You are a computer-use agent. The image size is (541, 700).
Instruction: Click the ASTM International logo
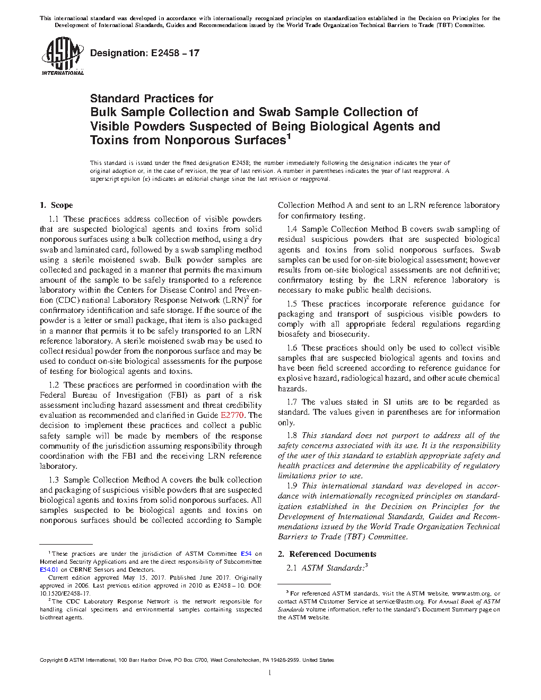(x=62, y=55)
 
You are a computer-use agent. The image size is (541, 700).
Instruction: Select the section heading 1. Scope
(x=56, y=205)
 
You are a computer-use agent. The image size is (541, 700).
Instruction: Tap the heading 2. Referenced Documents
(x=327, y=554)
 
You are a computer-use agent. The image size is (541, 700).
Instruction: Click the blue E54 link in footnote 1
(x=246, y=554)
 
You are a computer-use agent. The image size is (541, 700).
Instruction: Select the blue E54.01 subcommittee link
(x=48, y=570)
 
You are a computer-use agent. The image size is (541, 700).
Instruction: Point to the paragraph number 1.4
(x=292, y=229)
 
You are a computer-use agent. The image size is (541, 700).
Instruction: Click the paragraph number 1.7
(x=292, y=402)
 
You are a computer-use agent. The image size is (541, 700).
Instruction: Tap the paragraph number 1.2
(x=54, y=385)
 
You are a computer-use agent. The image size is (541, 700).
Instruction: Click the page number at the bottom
(x=270, y=673)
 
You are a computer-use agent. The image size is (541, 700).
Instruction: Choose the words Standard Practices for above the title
(x=152, y=98)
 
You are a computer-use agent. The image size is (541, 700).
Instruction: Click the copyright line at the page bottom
(x=187, y=660)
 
